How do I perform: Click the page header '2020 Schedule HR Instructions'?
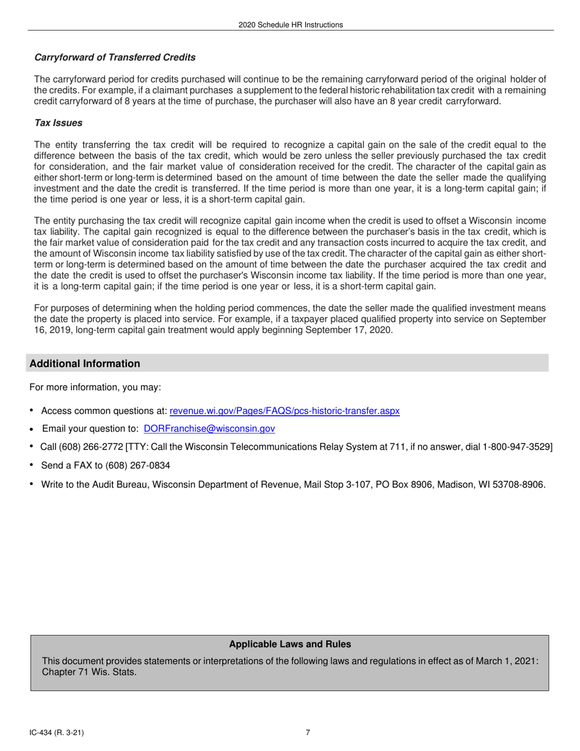291,25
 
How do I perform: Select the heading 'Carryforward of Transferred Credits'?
115,57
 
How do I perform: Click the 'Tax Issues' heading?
58,123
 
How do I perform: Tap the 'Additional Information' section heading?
85,364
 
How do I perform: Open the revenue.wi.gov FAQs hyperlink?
284,411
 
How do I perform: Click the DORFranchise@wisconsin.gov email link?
209,429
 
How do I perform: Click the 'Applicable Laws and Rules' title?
290,644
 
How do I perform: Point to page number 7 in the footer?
308,733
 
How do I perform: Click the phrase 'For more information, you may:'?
95,388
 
